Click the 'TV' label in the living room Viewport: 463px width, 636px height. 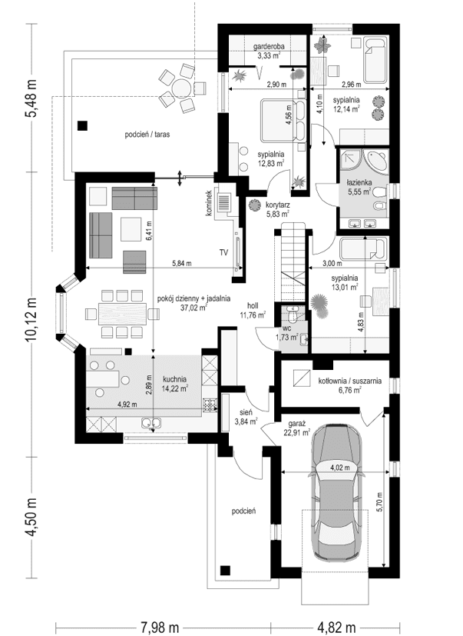click(x=223, y=251)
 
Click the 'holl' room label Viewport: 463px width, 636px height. click(x=253, y=304)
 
